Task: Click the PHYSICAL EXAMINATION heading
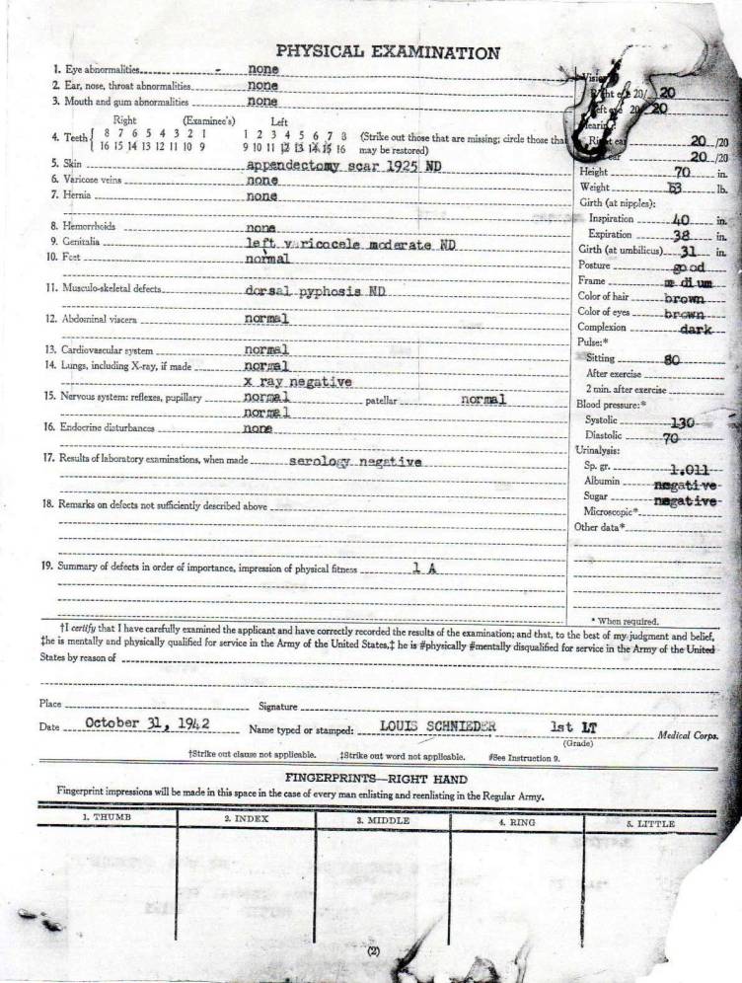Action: [388, 52]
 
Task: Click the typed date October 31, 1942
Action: [148, 722]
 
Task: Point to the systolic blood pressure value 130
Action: [683, 420]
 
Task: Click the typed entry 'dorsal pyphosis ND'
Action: [315, 291]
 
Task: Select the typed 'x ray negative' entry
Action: [298, 381]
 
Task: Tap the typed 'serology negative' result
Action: [355, 462]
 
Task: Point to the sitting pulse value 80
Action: [672, 359]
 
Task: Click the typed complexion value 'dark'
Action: [696, 328]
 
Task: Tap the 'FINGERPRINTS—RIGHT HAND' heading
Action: [377, 779]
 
